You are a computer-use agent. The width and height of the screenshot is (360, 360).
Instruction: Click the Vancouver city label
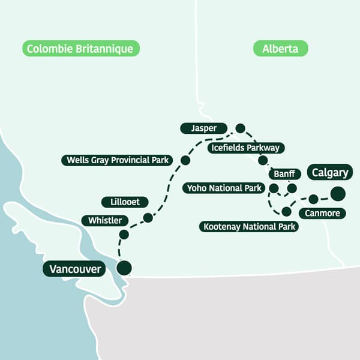(x=74, y=268)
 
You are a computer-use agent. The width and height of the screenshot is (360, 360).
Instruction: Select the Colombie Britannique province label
(x=81, y=49)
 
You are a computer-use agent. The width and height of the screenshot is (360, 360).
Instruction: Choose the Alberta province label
(x=280, y=49)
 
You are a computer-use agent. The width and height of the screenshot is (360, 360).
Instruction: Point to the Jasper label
(x=203, y=128)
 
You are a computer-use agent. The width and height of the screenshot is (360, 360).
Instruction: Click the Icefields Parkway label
(x=244, y=148)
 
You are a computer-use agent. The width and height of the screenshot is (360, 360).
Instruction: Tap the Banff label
(x=284, y=174)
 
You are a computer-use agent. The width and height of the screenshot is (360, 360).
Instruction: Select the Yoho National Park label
(x=224, y=188)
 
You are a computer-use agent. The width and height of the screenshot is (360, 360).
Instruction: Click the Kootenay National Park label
(x=249, y=227)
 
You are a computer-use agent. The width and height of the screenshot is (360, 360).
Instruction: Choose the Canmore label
(x=322, y=213)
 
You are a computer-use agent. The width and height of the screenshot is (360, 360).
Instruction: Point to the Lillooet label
(x=121, y=202)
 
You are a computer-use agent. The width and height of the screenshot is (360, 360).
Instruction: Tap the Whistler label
(x=105, y=220)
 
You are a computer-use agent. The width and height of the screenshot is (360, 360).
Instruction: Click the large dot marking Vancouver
(x=124, y=268)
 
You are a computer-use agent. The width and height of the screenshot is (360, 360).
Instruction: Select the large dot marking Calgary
(x=338, y=193)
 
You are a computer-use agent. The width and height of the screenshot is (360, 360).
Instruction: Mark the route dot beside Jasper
(x=240, y=128)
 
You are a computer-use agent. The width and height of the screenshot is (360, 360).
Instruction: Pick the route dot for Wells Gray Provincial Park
(x=185, y=160)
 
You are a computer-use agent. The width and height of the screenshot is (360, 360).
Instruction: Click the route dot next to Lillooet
(x=148, y=218)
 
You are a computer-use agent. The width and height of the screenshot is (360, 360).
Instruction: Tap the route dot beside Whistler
(x=124, y=234)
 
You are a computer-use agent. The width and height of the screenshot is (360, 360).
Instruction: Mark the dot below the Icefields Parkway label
(x=262, y=160)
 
